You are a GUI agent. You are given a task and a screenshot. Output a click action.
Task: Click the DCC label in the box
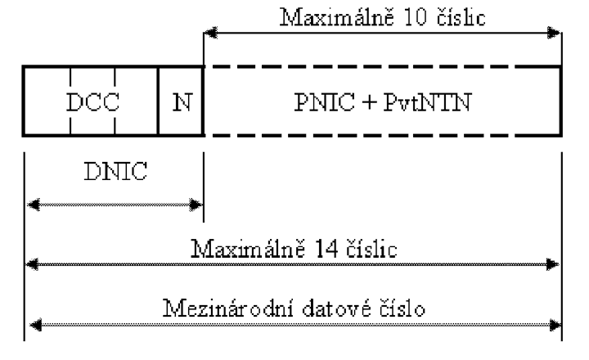(x=92, y=101)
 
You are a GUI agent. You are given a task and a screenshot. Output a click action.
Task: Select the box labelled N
(x=181, y=101)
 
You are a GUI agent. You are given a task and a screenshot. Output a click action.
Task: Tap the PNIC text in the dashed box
(x=324, y=101)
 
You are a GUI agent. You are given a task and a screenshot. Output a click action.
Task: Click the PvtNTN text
(x=427, y=101)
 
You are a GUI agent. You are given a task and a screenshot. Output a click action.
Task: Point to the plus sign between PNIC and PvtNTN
(x=370, y=102)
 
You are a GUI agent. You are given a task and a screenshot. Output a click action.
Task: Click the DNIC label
(x=115, y=171)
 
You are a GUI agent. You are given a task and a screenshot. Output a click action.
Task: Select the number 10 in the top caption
(x=416, y=17)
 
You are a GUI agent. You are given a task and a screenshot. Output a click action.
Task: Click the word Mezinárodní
(x=229, y=308)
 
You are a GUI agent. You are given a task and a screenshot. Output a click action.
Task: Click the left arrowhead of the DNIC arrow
(x=34, y=205)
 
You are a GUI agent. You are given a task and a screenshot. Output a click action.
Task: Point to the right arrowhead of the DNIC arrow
(x=196, y=205)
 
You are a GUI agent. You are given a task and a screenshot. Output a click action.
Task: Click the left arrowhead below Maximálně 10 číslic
(x=211, y=33)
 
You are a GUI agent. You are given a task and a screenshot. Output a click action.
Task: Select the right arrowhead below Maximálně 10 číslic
(x=554, y=33)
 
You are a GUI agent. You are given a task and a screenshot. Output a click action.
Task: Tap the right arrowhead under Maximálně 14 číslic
(x=552, y=264)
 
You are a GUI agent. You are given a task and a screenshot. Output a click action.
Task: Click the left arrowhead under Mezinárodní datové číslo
(x=36, y=325)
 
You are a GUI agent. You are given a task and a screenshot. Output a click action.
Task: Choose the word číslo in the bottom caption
(x=402, y=308)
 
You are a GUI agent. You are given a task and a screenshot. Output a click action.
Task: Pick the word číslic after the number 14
(x=371, y=249)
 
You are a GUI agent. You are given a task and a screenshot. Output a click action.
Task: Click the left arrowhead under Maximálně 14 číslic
(x=32, y=264)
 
